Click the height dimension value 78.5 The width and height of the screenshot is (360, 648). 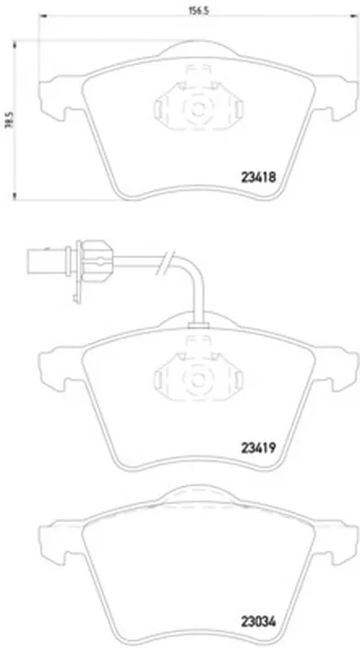(x=7, y=121)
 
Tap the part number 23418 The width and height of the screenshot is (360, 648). (x=258, y=177)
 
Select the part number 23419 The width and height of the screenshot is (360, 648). (x=258, y=446)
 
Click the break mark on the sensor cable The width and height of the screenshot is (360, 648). (x=164, y=263)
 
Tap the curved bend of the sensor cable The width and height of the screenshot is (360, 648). (x=192, y=268)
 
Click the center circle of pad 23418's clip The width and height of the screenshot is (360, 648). (x=198, y=110)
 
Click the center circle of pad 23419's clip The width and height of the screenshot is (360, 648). (x=198, y=379)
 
